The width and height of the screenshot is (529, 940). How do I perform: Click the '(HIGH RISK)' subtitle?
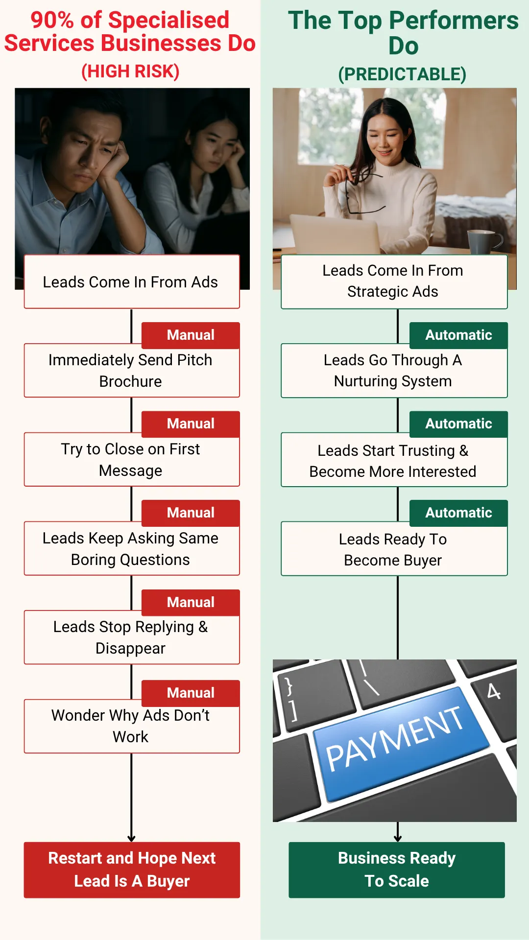click(130, 71)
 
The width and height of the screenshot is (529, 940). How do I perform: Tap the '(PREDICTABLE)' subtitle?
click(402, 74)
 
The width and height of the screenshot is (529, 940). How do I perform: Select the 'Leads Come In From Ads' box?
click(132, 282)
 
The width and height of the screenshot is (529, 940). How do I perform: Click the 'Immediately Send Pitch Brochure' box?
click(132, 370)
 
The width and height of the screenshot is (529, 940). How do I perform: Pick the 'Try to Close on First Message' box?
click(132, 459)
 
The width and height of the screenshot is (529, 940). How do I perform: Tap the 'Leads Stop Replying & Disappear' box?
click(132, 637)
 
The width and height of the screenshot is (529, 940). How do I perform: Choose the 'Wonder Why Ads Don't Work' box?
click(132, 726)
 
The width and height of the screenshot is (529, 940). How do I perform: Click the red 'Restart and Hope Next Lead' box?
click(132, 870)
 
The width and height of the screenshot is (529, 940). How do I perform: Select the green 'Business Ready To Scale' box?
click(397, 870)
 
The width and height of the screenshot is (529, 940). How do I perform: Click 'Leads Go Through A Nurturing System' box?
click(394, 371)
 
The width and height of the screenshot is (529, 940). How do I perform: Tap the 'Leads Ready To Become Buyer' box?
click(394, 549)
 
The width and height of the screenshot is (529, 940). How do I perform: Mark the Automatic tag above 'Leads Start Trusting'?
click(458, 424)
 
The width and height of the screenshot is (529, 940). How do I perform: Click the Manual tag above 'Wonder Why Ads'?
click(191, 693)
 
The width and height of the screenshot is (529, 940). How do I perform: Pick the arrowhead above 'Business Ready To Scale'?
click(398, 838)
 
